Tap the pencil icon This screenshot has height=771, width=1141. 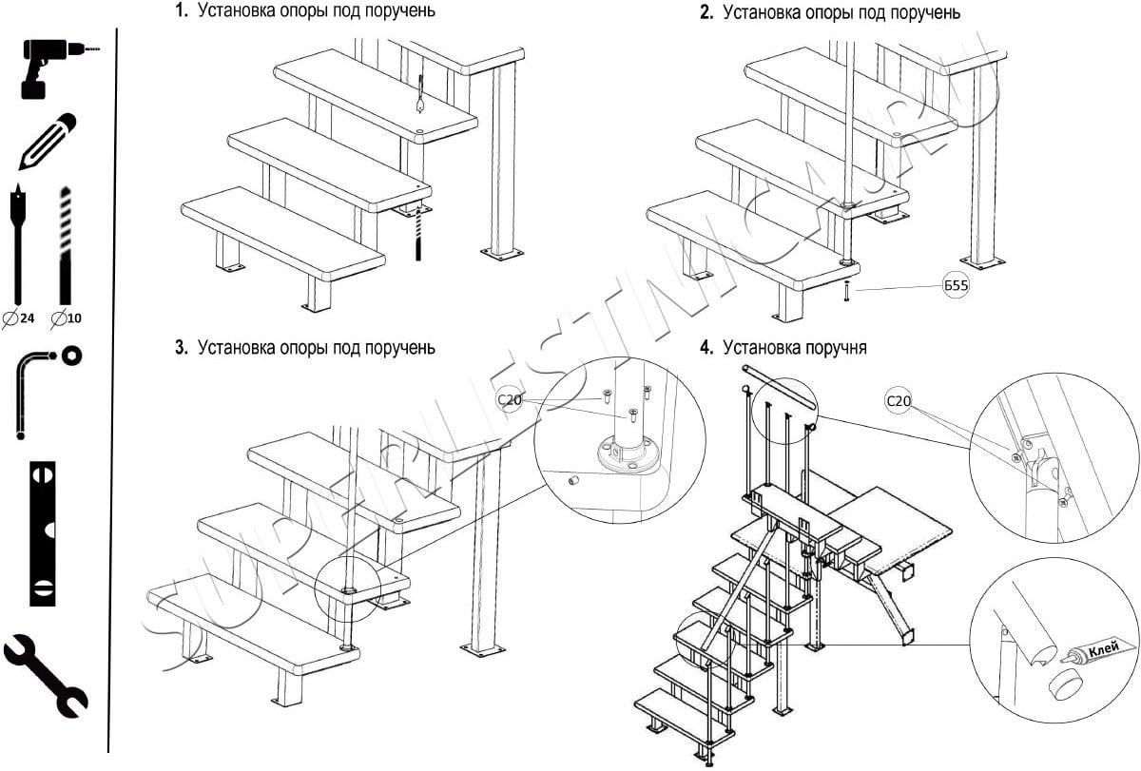[48, 142]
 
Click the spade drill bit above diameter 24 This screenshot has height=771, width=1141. [20, 242]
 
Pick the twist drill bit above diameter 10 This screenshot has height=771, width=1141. [66, 242]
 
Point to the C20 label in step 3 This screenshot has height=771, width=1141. [511, 400]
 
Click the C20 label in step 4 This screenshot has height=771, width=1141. [898, 401]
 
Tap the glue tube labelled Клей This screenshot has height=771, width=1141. [1098, 653]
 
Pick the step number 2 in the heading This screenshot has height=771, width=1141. [706, 12]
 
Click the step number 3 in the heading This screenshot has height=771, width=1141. [181, 348]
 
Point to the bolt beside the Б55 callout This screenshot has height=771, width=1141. [845, 292]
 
